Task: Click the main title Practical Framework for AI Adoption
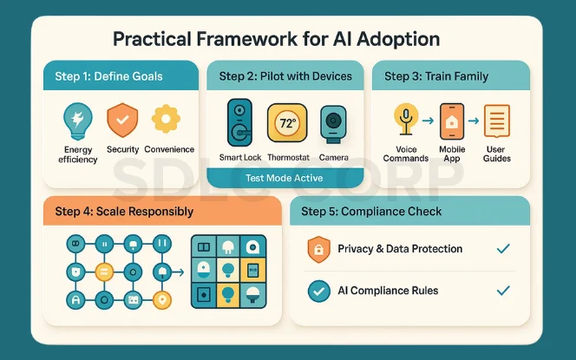[277, 39]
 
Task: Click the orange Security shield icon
[122, 120]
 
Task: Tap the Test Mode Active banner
[285, 178]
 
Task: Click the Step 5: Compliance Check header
[371, 211]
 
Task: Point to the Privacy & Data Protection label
[400, 249]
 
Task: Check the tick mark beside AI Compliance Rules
[502, 291]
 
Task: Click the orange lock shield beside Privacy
[318, 250]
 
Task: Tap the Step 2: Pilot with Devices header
[285, 76]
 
